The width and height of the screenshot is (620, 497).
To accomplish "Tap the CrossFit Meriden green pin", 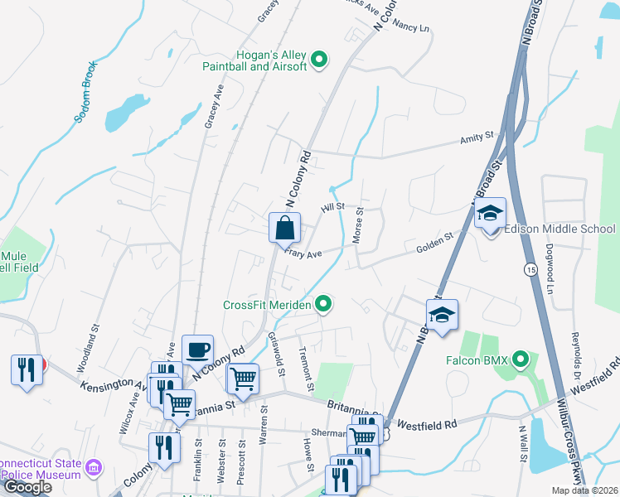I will [325, 305].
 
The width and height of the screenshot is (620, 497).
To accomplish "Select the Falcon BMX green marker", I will [520, 359].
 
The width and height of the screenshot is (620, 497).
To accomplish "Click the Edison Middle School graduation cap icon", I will [490, 214].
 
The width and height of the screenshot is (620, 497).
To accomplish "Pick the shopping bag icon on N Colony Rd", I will [284, 227].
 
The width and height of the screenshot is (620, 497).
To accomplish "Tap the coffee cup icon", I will [197, 350].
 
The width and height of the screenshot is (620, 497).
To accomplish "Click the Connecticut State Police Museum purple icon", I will [95, 469].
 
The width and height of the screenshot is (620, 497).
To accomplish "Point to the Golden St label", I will [434, 241].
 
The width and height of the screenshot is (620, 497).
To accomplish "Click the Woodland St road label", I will [89, 353].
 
